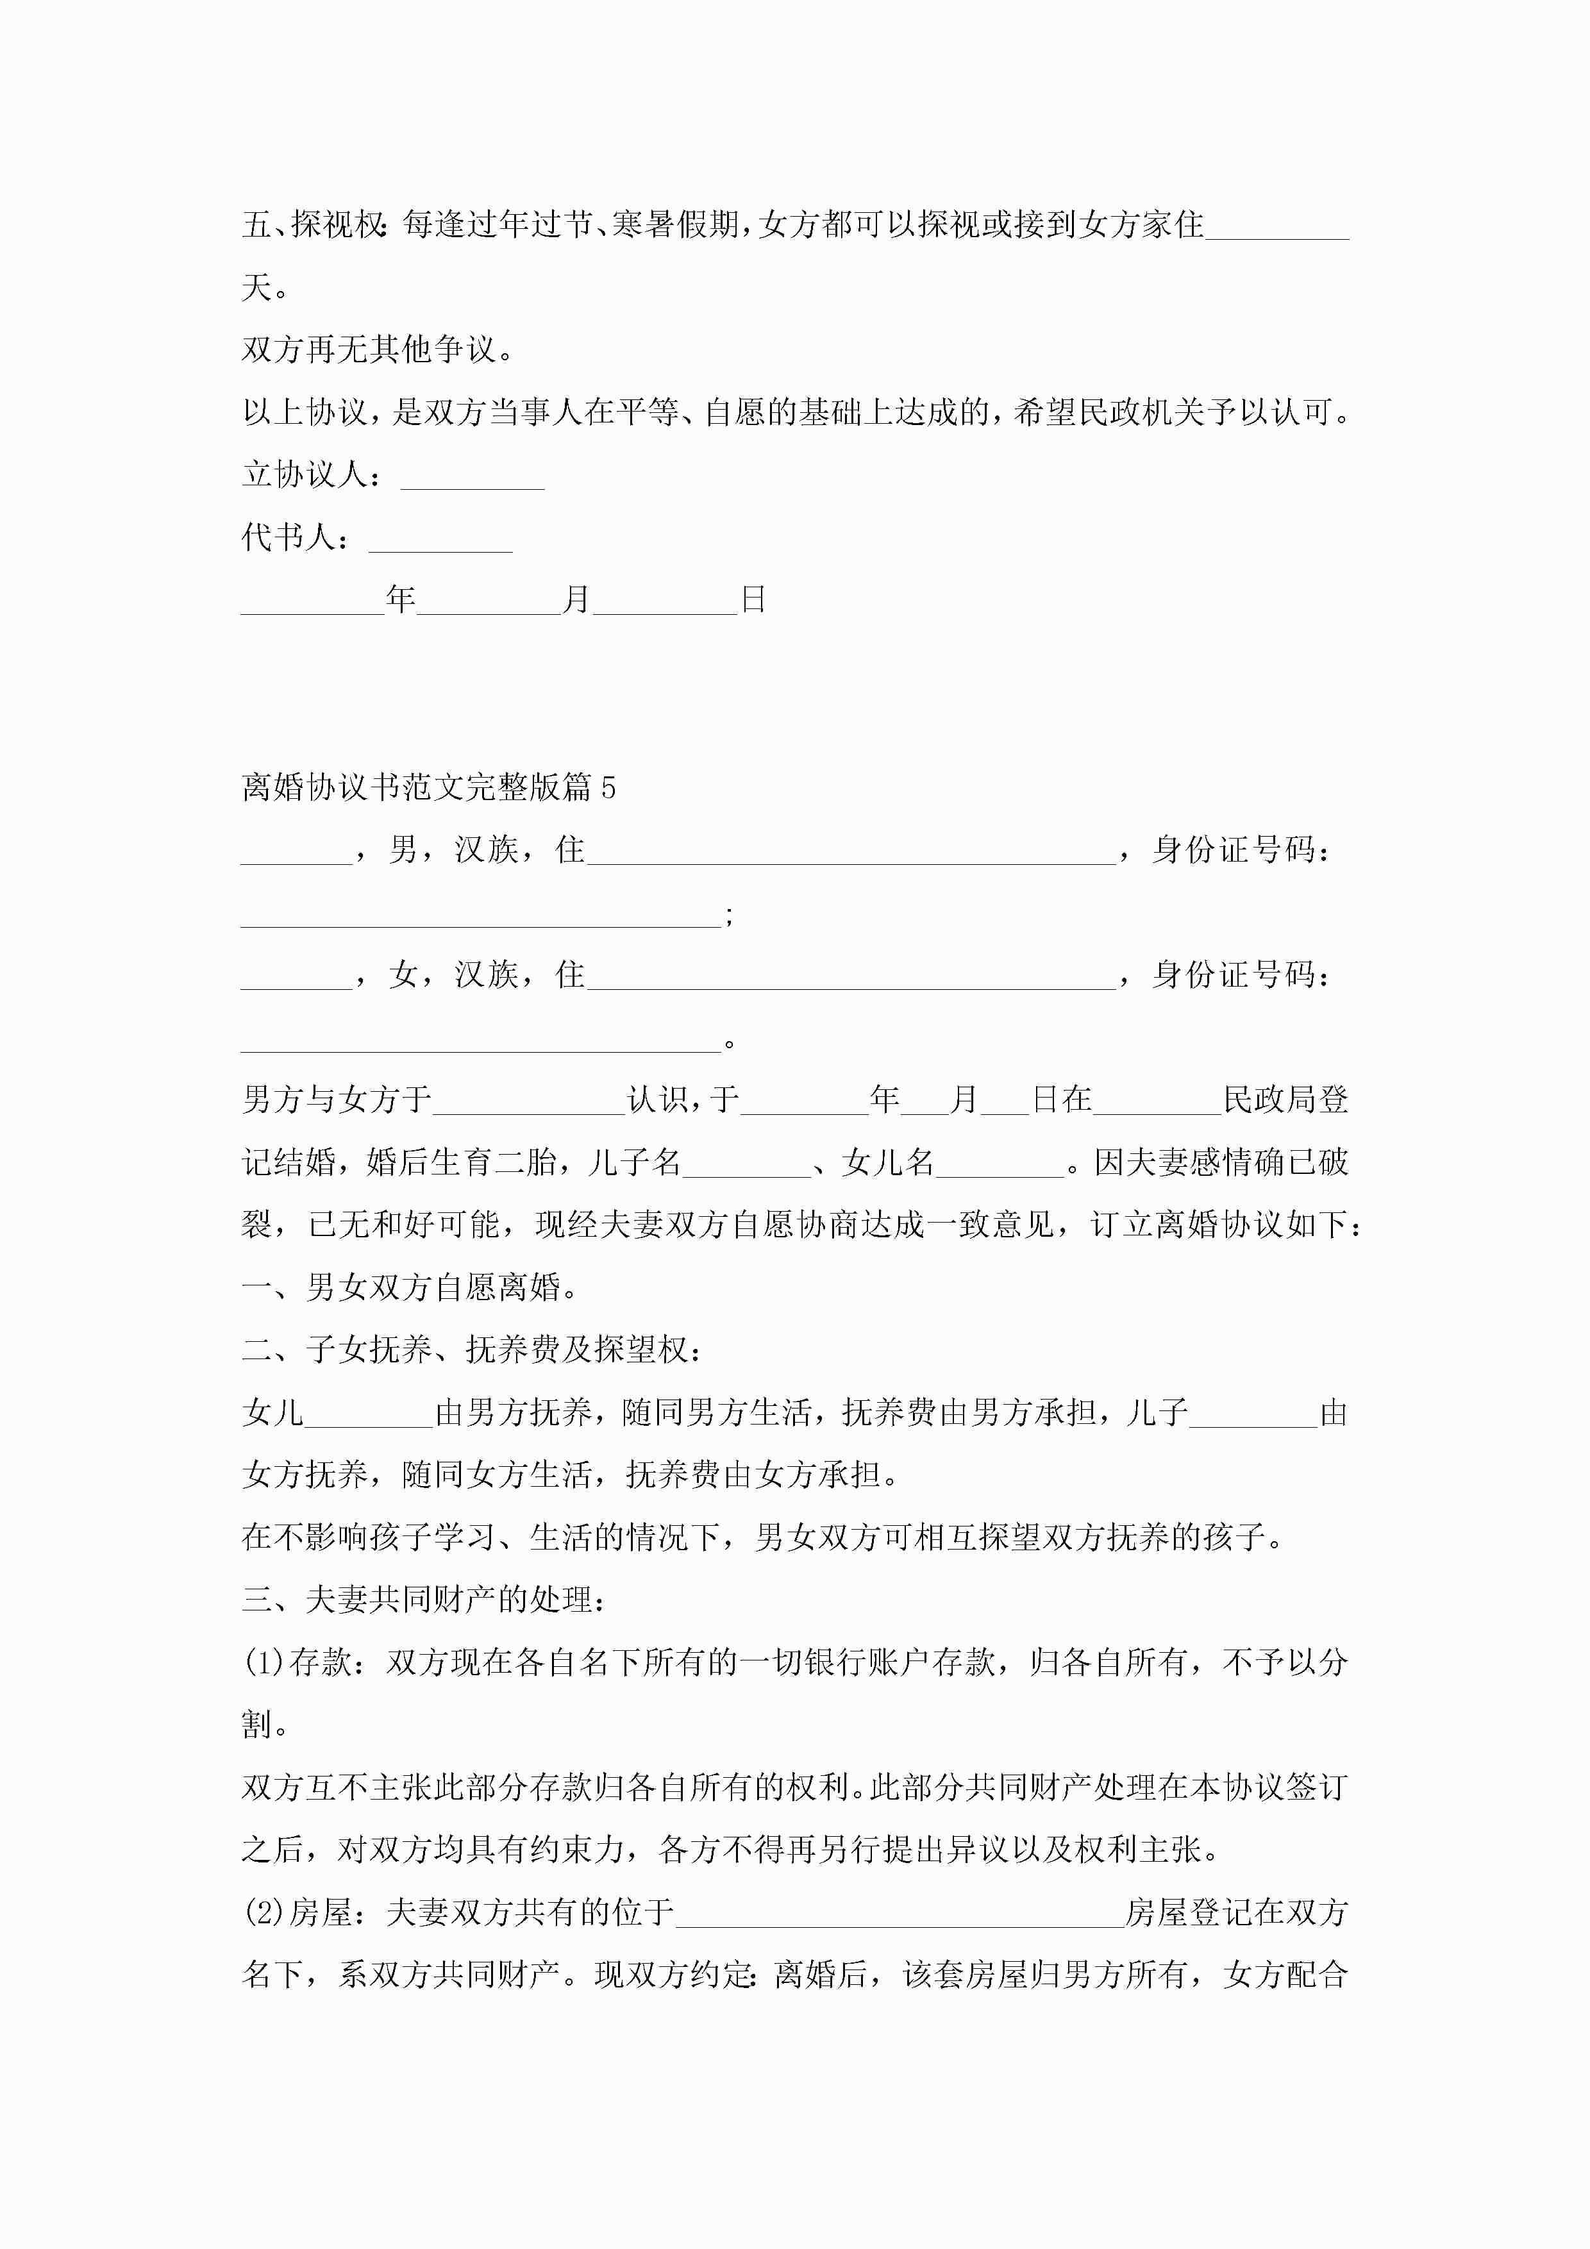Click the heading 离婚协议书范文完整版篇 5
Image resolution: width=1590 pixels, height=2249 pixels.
428,787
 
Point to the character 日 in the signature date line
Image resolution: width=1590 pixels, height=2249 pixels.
753,599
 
